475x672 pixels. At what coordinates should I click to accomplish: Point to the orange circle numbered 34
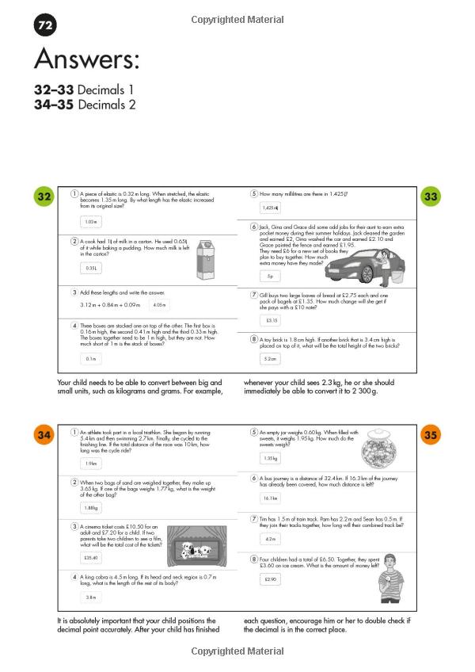click(44, 434)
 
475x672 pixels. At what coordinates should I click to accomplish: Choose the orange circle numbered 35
click(431, 434)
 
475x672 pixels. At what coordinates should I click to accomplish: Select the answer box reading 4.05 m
click(159, 304)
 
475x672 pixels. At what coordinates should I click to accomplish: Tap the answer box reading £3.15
click(271, 320)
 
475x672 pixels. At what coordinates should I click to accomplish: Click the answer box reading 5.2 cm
click(271, 358)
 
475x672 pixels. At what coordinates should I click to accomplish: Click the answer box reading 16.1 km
click(271, 498)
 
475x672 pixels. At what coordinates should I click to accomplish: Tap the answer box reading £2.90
click(271, 580)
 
